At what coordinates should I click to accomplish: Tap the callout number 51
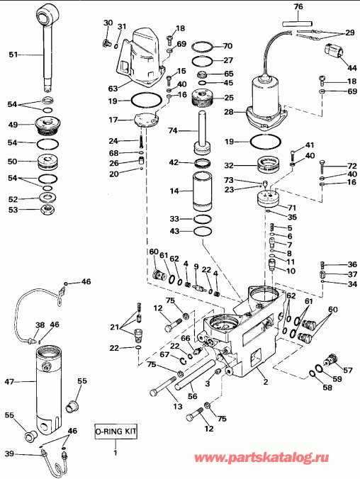(13, 54)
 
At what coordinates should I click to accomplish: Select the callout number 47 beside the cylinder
(9, 382)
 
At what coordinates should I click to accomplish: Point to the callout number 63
(113, 88)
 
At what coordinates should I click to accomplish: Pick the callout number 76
(298, 7)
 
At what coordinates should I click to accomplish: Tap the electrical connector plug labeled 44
(333, 54)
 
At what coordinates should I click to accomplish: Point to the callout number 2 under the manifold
(265, 382)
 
